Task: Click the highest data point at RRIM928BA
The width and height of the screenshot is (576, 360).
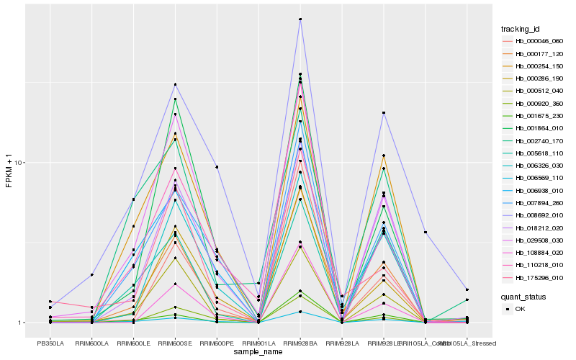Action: (x=300, y=19)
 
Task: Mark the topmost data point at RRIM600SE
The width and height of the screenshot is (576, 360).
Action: (x=176, y=84)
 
